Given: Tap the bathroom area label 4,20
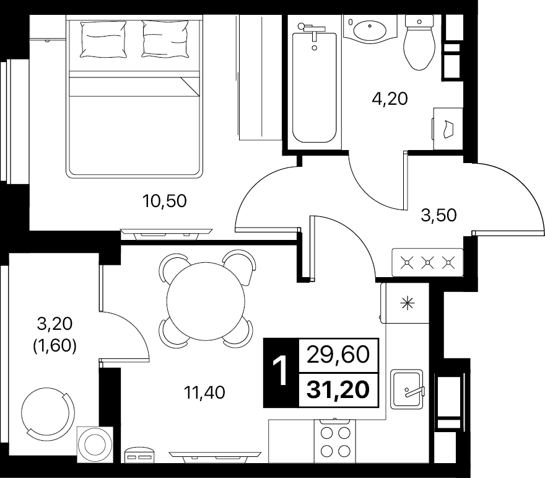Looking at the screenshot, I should click(x=390, y=99).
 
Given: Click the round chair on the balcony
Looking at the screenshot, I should click(x=47, y=410).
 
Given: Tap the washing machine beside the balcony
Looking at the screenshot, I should click(x=95, y=445).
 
